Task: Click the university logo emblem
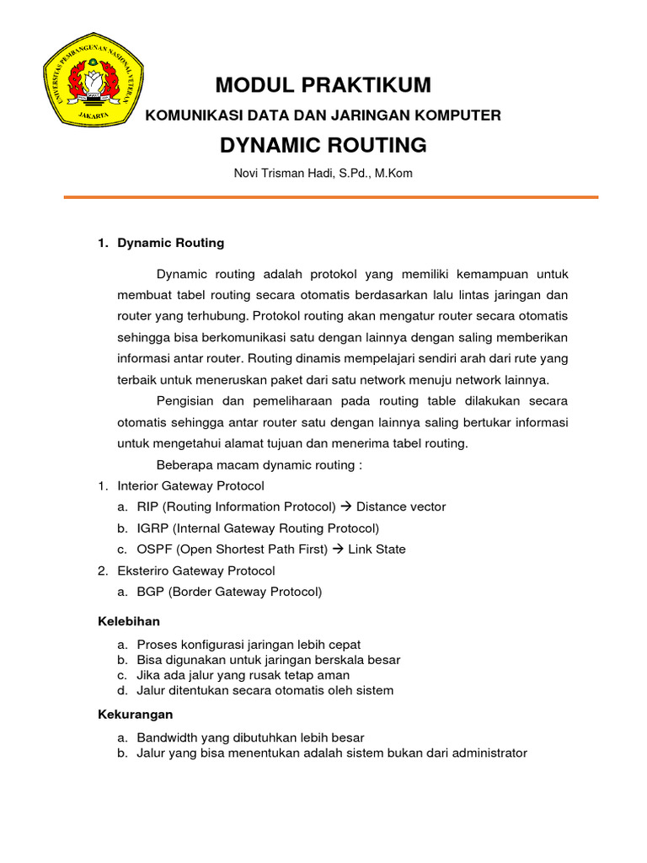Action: pos(94,81)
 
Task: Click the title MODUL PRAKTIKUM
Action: pos(323,85)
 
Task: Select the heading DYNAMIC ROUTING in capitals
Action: pos(323,145)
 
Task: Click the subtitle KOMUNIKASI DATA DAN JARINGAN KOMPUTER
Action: pos(323,115)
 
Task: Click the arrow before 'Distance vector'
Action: pos(345,507)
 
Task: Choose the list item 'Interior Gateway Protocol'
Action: pos(190,485)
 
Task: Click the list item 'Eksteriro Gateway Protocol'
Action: pos(195,571)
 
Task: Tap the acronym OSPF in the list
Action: pos(153,549)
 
